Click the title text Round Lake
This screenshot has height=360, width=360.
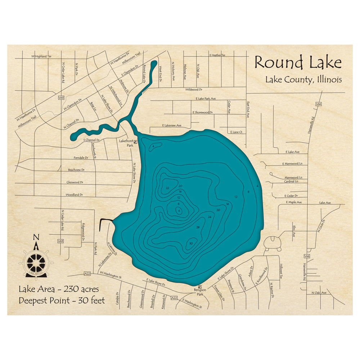(298, 63)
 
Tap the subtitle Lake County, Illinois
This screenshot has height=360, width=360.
(303, 80)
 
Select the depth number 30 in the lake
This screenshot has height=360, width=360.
(190, 244)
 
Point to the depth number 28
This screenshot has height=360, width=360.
(198, 227)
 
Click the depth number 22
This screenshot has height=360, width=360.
(167, 188)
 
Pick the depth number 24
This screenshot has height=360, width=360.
(209, 217)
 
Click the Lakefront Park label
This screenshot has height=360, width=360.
(126, 143)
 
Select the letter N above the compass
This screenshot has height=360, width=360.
(36, 237)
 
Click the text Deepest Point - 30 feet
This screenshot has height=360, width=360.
(62, 300)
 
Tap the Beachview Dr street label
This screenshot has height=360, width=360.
(76, 170)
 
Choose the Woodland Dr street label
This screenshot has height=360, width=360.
(74, 195)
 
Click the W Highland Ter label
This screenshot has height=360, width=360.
(41, 57)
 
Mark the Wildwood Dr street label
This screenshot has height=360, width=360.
(194, 89)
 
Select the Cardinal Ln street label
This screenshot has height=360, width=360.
(291, 181)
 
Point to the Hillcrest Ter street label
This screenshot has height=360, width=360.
(282, 271)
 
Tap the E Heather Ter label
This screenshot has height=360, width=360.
(217, 55)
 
